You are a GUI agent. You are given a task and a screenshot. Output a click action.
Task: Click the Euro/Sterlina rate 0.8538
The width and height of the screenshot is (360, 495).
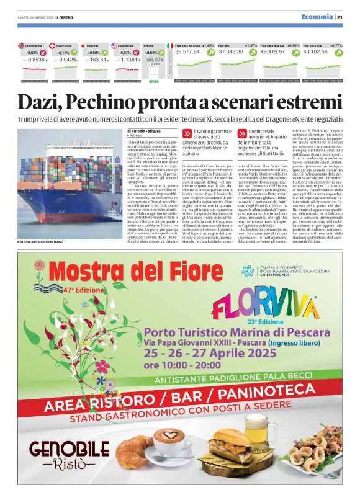pos(37,60)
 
